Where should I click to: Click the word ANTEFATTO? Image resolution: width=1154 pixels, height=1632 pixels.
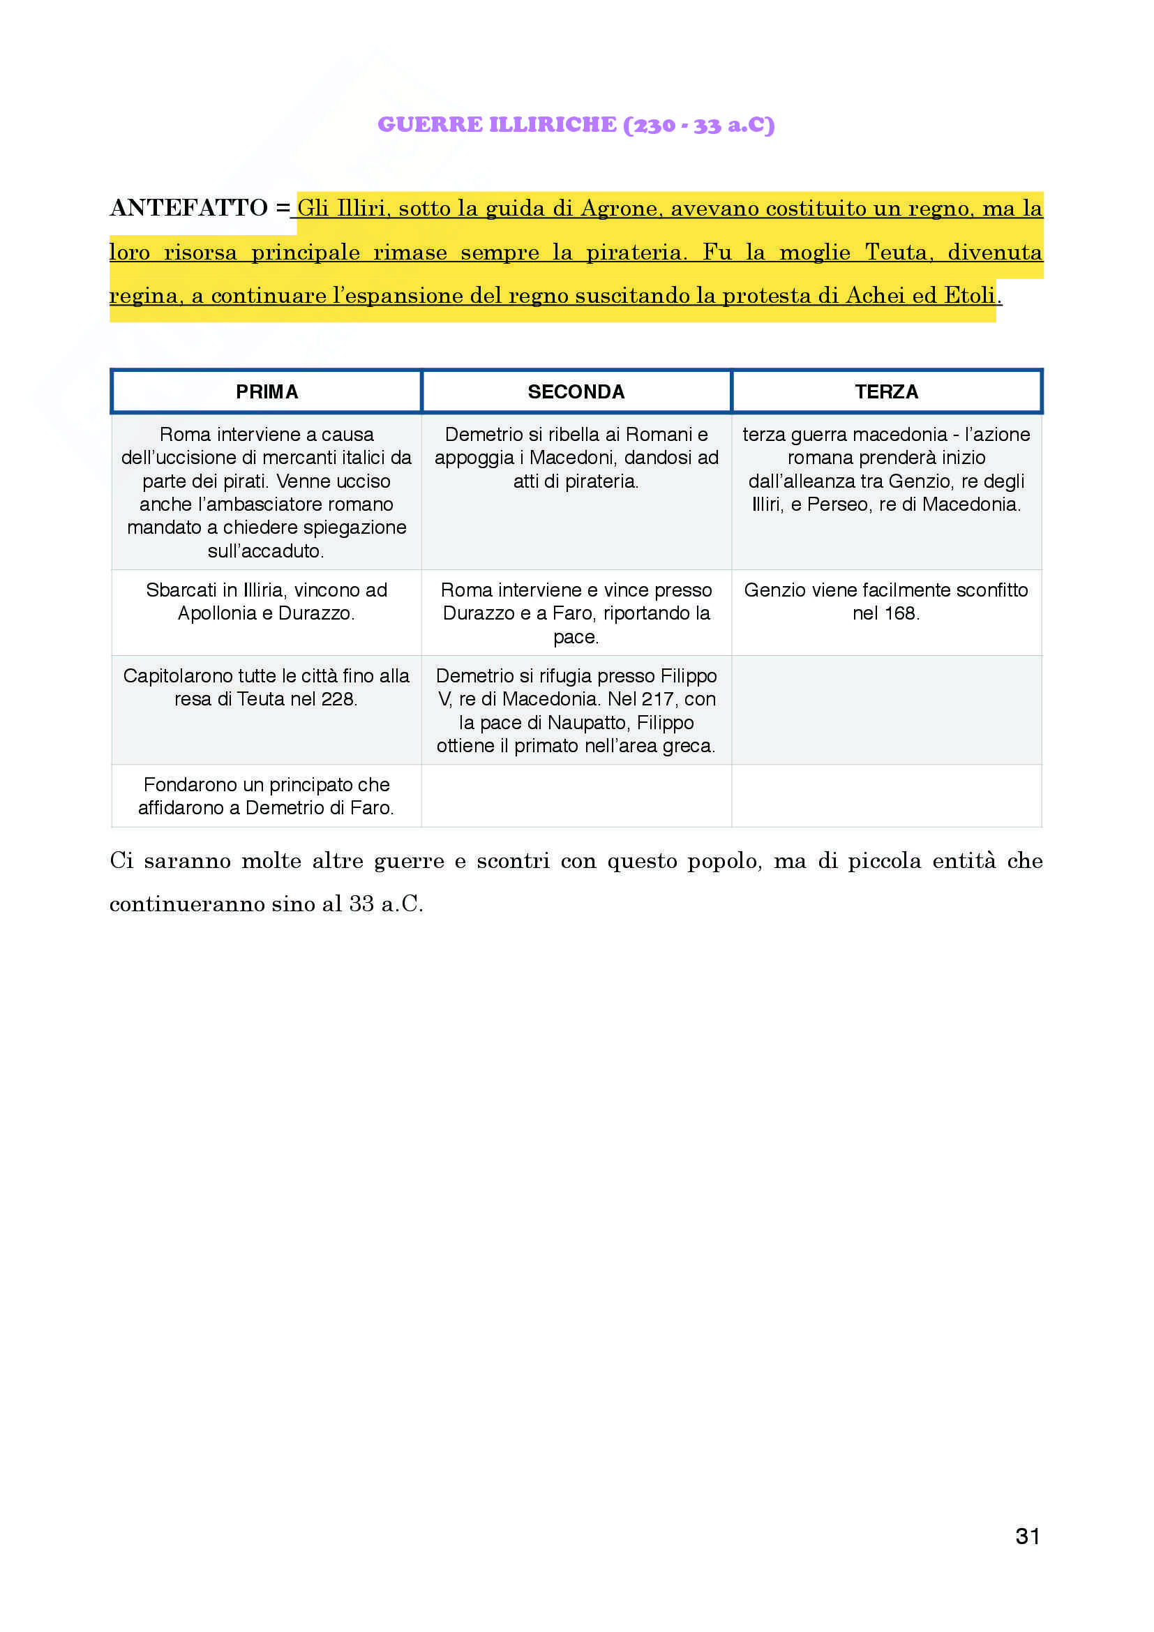point(188,207)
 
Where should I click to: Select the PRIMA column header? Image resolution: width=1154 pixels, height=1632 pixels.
point(267,391)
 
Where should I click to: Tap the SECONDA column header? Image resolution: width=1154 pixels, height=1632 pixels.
point(576,391)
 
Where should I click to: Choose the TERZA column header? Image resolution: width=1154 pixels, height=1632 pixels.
point(886,391)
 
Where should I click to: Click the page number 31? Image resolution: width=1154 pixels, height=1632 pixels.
point(1028,1536)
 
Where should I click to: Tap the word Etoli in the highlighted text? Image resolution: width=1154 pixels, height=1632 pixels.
point(969,296)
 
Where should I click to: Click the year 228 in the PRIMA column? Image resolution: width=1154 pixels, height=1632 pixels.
point(337,699)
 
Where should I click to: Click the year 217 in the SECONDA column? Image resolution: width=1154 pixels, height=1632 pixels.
point(657,699)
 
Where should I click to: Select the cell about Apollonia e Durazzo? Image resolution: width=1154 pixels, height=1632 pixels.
point(267,602)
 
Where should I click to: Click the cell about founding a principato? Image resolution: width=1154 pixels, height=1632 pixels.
point(267,796)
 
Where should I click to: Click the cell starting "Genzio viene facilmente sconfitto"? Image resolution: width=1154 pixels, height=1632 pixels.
point(886,602)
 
